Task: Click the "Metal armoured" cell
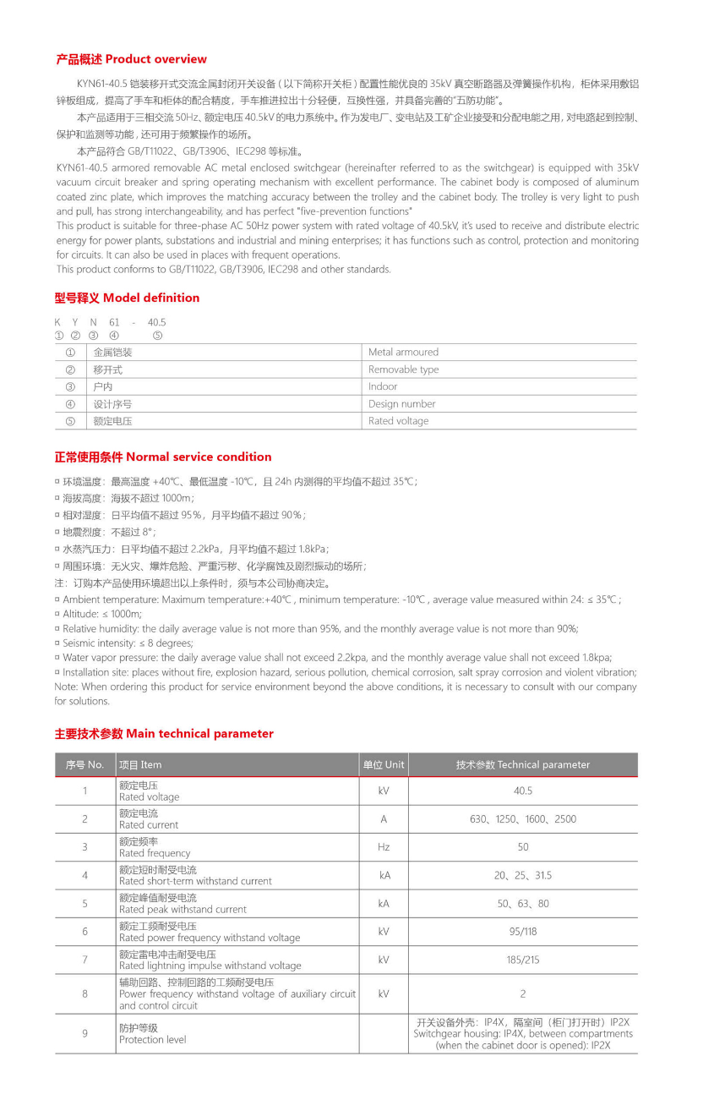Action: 403,353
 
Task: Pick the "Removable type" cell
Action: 403,369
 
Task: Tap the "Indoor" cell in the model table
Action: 383,386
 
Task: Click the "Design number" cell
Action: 401,404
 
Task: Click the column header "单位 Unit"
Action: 384,764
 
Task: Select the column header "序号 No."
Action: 85,764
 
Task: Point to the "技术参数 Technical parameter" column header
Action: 523,764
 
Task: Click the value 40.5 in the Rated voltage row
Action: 523,791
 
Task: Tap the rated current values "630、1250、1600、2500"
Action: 523,819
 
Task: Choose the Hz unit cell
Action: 384,847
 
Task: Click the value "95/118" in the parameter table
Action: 523,932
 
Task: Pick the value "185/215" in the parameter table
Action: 523,960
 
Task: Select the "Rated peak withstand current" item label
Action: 183,910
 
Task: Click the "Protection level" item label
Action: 153,1039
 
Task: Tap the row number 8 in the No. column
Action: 85,993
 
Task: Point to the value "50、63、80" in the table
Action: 523,904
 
